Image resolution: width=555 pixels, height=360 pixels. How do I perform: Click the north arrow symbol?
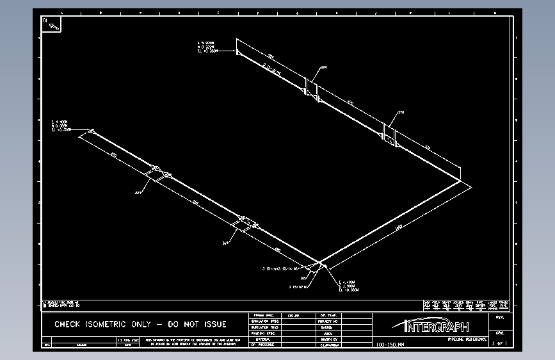tap(52, 23)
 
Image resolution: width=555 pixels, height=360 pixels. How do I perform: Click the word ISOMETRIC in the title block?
tap(113, 324)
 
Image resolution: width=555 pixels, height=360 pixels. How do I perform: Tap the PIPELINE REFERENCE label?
tap(466, 338)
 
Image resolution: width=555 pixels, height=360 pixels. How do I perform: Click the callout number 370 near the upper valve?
tap(401, 113)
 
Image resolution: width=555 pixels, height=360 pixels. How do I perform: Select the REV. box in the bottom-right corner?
tap(499, 316)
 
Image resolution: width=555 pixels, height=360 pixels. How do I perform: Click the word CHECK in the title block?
tap(68, 324)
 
